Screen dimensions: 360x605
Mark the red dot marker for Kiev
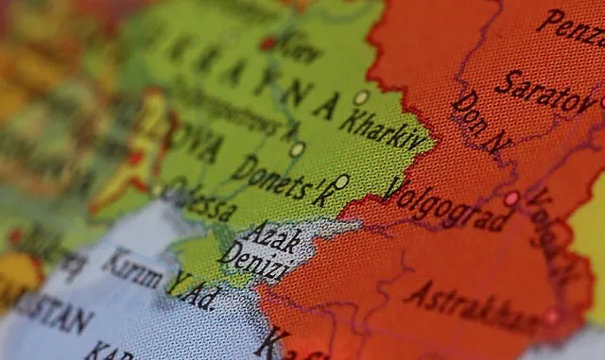[x=268, y=43]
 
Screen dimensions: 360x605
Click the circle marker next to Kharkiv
[x=361, y=97]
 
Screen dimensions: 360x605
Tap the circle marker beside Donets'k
[x=341, y=180]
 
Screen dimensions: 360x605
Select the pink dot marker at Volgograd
[x=511, y=198]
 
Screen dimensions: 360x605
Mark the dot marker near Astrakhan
[x=550, y=317]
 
